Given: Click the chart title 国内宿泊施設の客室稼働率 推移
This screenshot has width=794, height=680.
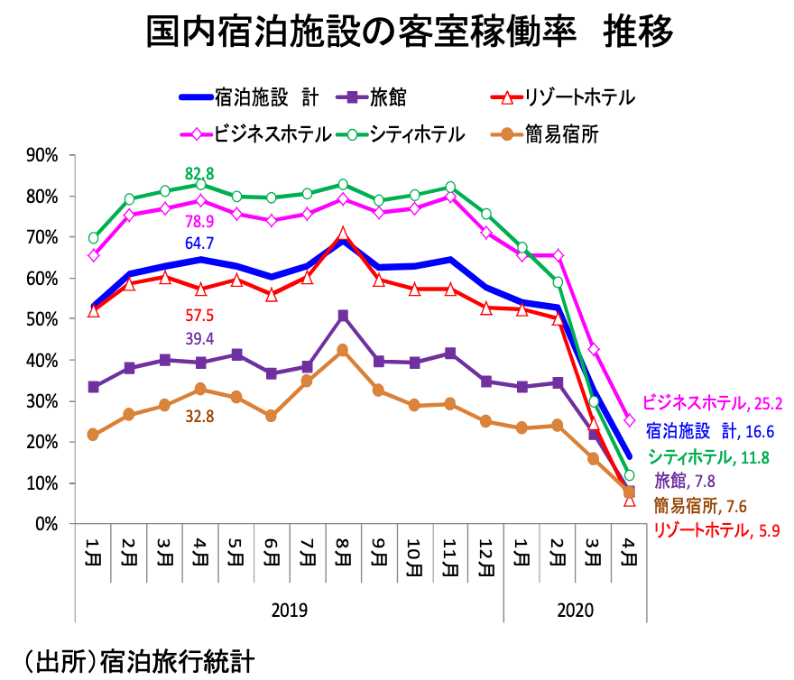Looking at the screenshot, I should [411, 34].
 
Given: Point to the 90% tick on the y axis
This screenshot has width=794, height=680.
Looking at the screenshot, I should [42, 155].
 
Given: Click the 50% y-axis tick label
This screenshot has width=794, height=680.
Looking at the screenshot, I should [42, 319].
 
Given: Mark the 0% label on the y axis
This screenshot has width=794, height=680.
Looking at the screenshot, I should [46, 524].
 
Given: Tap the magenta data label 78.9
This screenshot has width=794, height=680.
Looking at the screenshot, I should [199, 221].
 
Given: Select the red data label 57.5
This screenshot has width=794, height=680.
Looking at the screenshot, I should [199, 316].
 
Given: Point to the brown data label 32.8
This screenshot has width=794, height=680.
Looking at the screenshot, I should [199, 416].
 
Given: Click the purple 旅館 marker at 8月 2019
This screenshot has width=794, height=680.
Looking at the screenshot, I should [343, 317].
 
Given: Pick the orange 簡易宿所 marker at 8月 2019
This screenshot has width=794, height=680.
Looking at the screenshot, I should [343, 350].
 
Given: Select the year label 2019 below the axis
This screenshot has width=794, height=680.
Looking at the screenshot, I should [289, 611].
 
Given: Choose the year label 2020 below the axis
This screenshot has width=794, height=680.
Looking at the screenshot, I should [575, 611].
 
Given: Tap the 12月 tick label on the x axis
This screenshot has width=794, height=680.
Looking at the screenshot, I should [485, 559].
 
